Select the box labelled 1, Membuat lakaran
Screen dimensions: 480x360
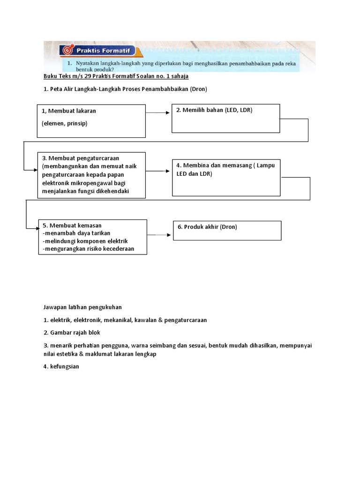click(x=91, y=120)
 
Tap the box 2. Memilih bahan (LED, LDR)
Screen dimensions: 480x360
click(x=225, y=119)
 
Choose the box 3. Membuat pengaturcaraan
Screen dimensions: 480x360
click(x=91, y=174)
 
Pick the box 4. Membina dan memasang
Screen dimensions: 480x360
click(x=226, y=178)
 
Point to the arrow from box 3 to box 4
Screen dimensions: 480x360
click(x=158, y=171)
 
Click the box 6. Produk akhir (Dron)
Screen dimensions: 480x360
click(x=227, y=230)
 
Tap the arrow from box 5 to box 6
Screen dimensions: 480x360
click(x=159, y=235)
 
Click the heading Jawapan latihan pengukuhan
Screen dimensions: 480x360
click(x=82, y=307)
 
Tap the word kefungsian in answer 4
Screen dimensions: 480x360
click(x=65, y=367)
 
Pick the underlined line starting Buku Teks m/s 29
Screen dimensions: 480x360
click(x=116, y=76)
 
